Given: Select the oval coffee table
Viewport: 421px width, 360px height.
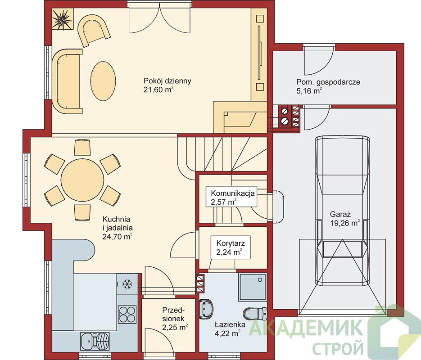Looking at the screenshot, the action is [x=103, y=81].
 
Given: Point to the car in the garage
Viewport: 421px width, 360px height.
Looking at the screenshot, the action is [x=342, y=211].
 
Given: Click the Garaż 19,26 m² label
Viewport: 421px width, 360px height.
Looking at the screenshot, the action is [x=345, y=219].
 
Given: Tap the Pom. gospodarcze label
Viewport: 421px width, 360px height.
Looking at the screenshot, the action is [x=328, y=82].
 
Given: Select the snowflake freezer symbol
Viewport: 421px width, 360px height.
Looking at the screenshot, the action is [x=127, y=284].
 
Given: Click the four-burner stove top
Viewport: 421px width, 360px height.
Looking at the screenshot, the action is [x=127, y=314].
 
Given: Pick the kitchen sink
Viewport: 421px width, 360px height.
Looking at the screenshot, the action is [x=95, y=341].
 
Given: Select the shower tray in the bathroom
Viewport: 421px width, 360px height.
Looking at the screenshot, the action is [x=252, y=287].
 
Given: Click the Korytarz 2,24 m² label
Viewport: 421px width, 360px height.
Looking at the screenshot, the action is [x=231, y=247].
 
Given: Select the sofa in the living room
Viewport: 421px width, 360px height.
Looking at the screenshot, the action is [x=67, y=81].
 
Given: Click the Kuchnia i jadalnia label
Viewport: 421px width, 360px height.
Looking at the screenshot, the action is [x=118, y=228].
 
